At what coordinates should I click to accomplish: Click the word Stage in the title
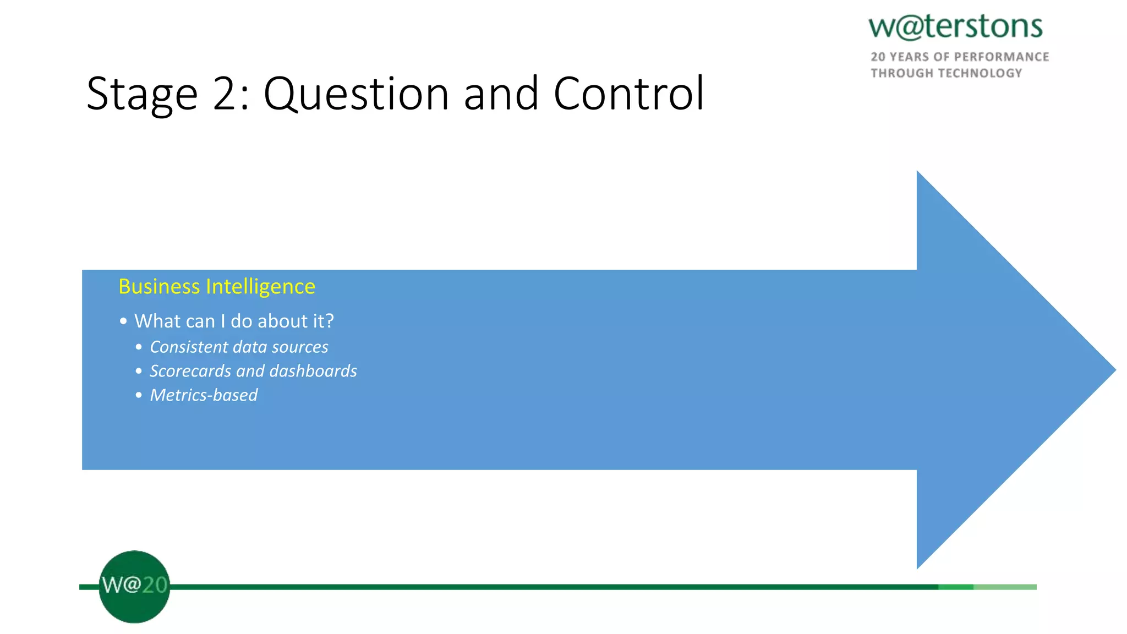click(x=142, y=95)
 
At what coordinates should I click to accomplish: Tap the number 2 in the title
click(x=224, y=95)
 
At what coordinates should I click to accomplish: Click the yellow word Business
click(x=159, y=287)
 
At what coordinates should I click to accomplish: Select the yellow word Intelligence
click(x=260, y=287)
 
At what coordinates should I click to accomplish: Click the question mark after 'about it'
click(x=329, y=321)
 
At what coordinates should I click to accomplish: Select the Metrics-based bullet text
click(x=204, y=395)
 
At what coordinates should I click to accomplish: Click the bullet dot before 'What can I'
click(x=123, y=321)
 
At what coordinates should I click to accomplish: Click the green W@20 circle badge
click(x=134, y=586)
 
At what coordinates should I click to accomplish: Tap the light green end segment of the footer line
click(x=1005, y=587)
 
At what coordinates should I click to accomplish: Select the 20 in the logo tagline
click(x=878, y=57)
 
